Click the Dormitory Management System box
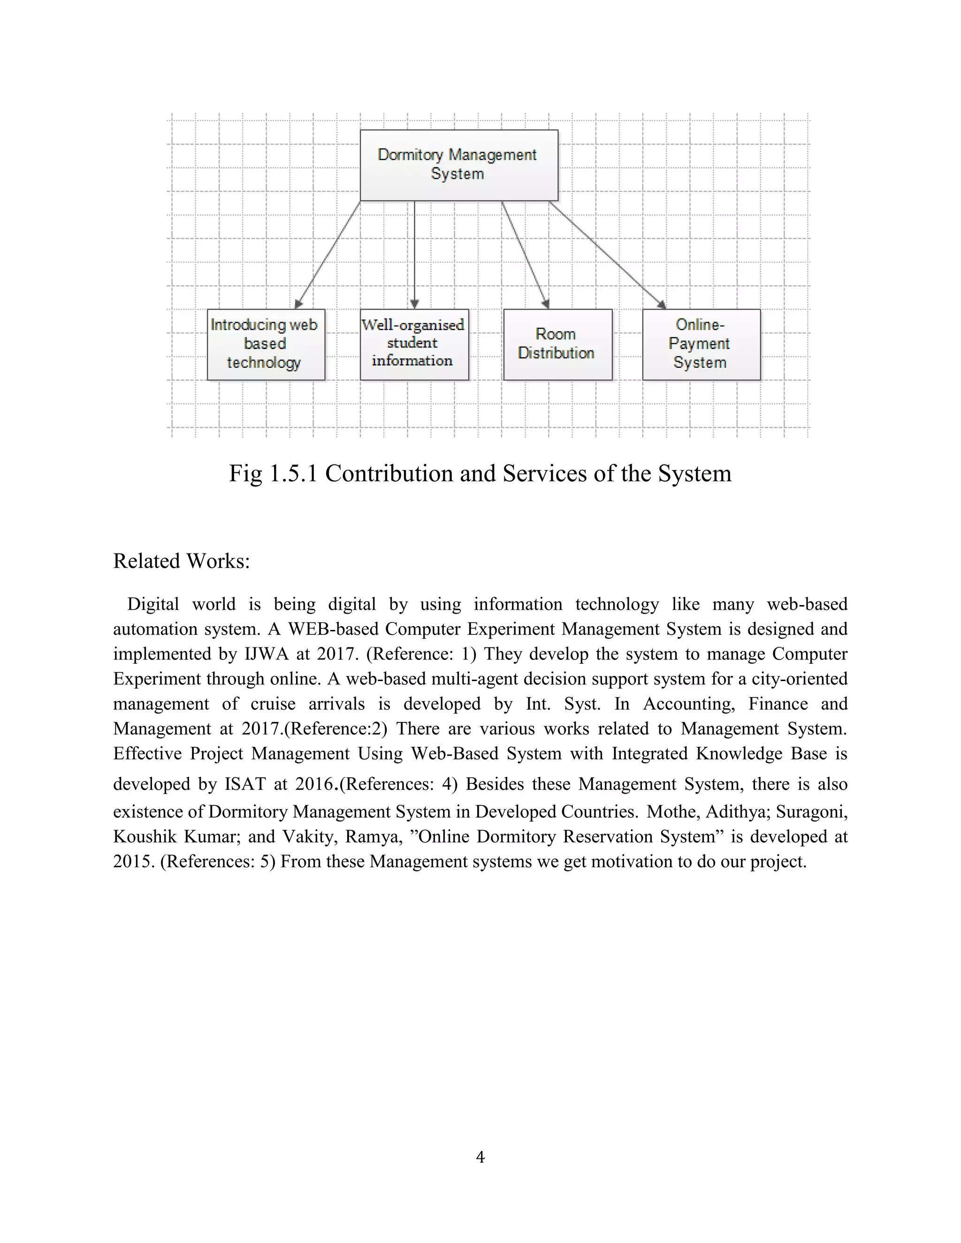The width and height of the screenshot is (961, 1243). coord(459,165)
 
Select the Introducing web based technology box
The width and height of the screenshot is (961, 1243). coord(266,344)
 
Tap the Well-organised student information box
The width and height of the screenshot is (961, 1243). coord(414,344)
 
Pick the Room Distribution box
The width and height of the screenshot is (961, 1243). coord(557,344)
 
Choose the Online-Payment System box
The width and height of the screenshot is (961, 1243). coord(701,344)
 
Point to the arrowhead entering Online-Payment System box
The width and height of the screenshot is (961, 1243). coord(662,304)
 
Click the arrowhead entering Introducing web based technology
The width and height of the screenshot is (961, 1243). coord(298,304)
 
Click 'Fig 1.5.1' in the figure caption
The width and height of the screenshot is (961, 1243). coord(273,474)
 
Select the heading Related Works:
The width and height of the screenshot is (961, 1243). coord(181,561)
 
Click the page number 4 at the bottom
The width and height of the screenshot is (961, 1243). coord(480,1157)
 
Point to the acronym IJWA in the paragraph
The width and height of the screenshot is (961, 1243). coord(267,654)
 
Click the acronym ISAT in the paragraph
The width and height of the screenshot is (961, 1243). coord(245,784)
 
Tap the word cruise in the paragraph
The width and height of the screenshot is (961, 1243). coord(273,704)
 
